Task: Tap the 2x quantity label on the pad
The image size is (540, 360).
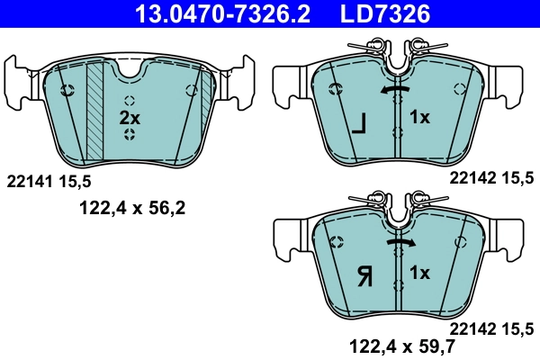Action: [130, 118]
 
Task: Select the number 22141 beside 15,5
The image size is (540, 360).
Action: [31, 181]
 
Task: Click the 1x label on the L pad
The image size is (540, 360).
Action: [419, 118]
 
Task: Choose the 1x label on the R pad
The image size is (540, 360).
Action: [419, 271]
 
